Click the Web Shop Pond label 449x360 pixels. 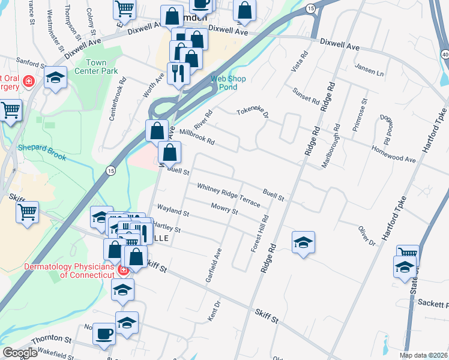228,83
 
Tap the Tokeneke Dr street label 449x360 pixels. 252,112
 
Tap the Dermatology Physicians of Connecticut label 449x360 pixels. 69,271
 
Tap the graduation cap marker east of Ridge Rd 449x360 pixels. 304,242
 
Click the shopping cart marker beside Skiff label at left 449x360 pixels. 28,212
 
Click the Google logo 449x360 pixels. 20,353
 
